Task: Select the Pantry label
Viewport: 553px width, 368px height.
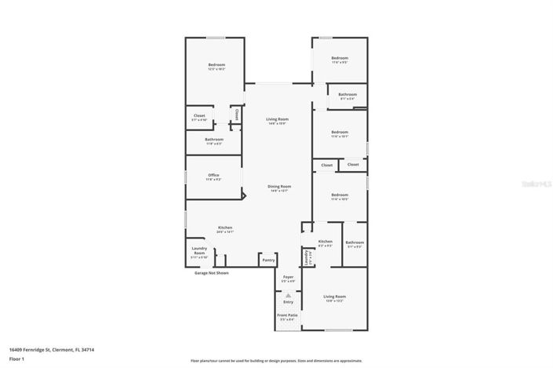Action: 268,260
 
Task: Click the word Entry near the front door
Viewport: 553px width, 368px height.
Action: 288,302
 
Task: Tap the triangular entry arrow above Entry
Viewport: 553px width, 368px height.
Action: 288,295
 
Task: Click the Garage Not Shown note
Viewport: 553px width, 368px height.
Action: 212,273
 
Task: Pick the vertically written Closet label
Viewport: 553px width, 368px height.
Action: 237,115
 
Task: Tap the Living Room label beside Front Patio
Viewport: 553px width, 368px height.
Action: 335,297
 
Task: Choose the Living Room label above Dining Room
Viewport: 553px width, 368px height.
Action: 277,120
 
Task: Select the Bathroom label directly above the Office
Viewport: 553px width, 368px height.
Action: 214,140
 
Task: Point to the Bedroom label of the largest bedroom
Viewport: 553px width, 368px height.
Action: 216,66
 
